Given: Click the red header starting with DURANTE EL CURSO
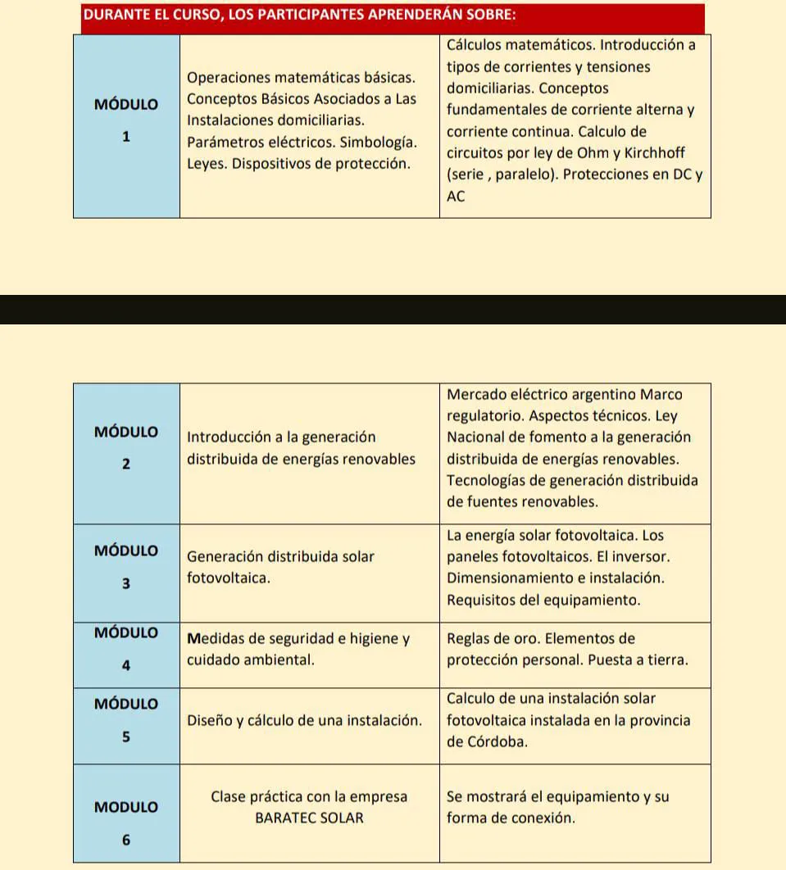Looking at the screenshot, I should [393, 17].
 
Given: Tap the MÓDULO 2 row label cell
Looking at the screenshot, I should [126, 447].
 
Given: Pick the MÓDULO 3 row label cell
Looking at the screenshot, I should [126, 567].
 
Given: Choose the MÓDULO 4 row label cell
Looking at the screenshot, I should [126, 649].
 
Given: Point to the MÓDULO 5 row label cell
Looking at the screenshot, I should [126, 720].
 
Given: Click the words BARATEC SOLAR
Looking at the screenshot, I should [309, 818].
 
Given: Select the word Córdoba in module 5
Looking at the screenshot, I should [494, 742].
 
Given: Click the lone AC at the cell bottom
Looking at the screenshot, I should [456, 197].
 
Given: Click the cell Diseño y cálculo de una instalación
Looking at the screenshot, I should [304, 721].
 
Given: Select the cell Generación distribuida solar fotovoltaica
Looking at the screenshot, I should [280, 567].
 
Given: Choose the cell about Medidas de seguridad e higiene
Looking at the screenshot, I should [298, 649].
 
